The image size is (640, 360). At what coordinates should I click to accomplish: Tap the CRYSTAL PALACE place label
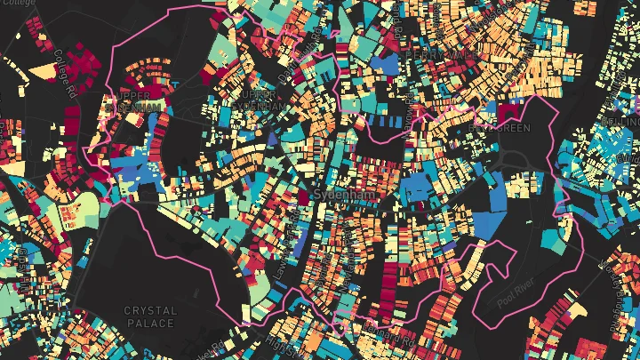tap(150, 316)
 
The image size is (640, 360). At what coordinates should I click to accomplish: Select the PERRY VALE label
tap(435, 55)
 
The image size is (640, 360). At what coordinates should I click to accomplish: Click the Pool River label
tap(518, 297)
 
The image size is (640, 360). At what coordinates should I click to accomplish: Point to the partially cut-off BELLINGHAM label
tap(622, 122)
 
